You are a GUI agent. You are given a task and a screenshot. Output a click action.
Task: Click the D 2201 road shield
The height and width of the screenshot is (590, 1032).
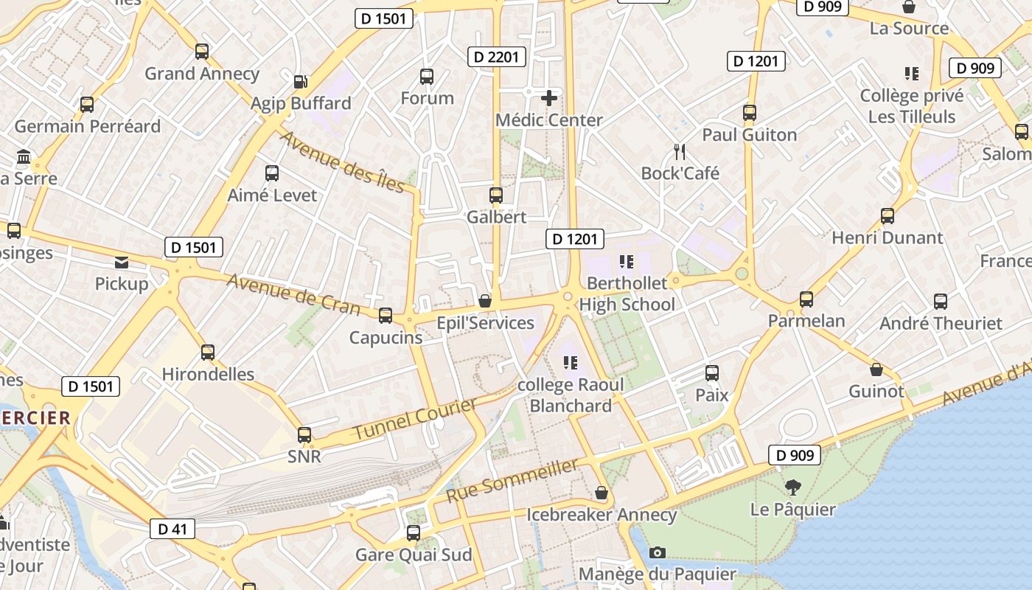(497, 57)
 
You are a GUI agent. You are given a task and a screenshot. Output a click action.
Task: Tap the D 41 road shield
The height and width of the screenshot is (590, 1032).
(172, 528)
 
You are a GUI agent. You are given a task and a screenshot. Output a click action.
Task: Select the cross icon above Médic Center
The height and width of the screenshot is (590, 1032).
(549, 97)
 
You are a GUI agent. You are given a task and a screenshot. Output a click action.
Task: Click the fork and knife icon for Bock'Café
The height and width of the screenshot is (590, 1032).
(680, 152)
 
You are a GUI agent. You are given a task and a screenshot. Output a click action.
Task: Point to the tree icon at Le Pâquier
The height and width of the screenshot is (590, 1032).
(793, 487)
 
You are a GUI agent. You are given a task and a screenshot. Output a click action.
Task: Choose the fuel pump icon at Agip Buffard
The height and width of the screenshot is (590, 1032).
(300, 82)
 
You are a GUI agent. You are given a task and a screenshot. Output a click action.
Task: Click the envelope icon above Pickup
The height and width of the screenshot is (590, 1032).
(122, 262)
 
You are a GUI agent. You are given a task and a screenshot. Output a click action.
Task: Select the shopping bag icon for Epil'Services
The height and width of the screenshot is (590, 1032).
(485, 301)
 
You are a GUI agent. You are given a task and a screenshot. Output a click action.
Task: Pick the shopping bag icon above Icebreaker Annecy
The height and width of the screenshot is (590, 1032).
(602, 493)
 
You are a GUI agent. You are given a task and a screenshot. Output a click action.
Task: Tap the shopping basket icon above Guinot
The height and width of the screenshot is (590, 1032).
(876, 369)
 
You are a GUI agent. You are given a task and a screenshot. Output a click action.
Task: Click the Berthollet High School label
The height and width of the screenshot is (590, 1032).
(627, 294)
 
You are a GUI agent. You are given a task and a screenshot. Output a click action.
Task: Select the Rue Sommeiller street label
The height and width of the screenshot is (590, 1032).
(512, 480)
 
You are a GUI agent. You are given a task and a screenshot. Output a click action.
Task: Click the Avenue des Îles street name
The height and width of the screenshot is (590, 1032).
(342, 162)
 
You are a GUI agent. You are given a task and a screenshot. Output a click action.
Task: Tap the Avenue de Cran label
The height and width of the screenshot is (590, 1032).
(293, 294)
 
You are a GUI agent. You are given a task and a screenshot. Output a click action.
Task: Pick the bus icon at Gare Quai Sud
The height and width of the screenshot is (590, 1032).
(414, 532)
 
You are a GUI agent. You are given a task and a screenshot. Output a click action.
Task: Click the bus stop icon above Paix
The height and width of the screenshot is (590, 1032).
(712, 373)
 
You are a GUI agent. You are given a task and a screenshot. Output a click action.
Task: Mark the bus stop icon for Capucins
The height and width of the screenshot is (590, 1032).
(386, 316)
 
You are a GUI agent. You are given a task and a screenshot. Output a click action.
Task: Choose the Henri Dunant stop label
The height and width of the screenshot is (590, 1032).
(887, 237)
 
